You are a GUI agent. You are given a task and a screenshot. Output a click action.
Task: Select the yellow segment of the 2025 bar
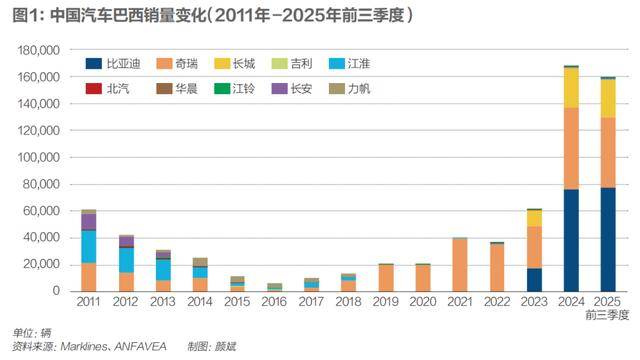[608, 98]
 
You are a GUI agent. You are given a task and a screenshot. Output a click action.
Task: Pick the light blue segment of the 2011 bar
[89, 246]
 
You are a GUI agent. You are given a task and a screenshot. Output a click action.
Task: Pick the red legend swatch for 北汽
[95, 88]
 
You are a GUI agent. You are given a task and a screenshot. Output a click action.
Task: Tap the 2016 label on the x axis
[273, 302]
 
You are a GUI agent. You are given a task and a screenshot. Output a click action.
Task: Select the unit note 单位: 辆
[32, 332]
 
